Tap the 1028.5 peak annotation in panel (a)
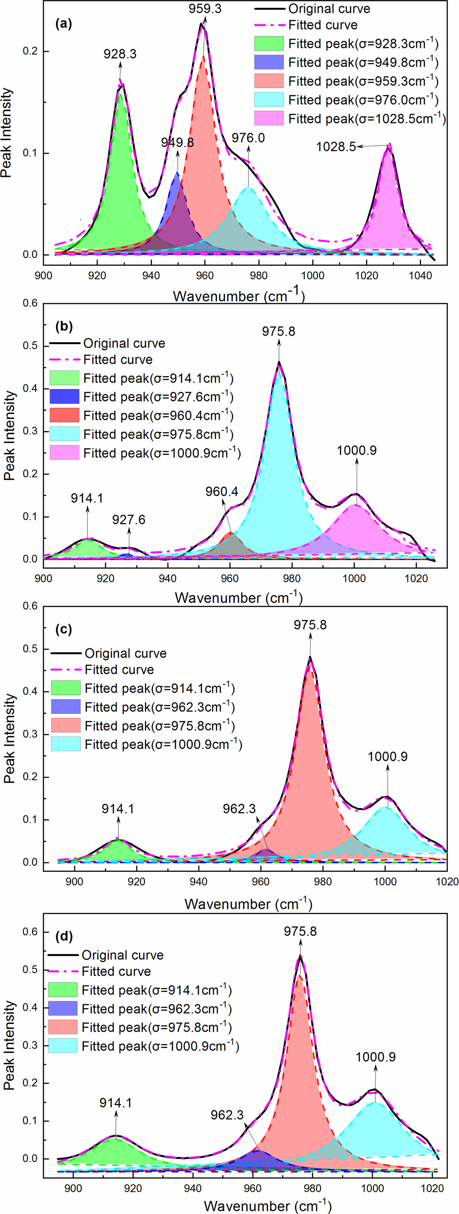pos(336,147)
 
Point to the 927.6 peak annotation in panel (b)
pos(129,520)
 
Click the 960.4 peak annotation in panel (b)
pos(221,492)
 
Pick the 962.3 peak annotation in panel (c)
pos(239,809)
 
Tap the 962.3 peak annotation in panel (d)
pos(227,1115)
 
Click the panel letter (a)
pos(64,24)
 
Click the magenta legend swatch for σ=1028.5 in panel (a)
pos(268,118)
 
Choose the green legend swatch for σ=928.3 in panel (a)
pos(268,43)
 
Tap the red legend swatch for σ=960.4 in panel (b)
pos(64,415)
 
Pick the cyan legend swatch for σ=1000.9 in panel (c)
pos(66,744)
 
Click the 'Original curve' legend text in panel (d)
pos(122,955)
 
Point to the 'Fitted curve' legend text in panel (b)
pos(118,360)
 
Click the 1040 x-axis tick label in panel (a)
pos(420,275)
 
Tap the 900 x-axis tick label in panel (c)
pos(74,882)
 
